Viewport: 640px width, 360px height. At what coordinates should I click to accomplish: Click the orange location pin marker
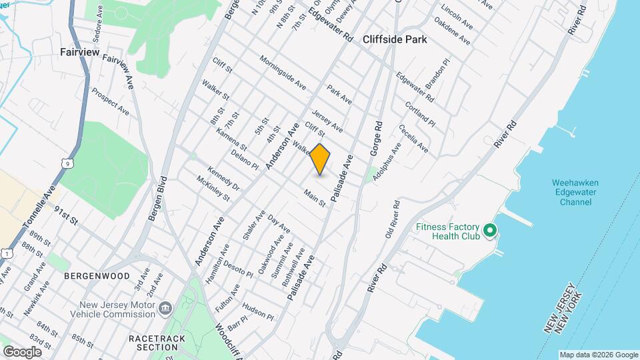(x=320, y=159)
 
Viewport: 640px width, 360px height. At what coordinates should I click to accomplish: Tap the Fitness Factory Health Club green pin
(x=491, y=231)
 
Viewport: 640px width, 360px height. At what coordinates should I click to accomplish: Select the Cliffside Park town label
(x=395, y=39)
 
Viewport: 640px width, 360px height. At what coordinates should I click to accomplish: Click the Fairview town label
(x=79, y=51)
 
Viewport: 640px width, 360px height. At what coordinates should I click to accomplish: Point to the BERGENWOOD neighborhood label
(x=97, y=275)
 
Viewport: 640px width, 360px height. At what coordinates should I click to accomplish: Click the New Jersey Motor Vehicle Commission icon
(x=165, y=309)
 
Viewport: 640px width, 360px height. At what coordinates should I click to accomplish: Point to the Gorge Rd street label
(x=377, y=139)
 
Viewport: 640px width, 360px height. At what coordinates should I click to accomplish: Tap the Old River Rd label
(x=391, y=220)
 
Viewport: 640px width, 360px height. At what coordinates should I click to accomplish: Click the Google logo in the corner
(x=22, y=351)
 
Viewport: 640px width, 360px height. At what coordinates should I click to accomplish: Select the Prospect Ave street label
(x=110, y=101)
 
